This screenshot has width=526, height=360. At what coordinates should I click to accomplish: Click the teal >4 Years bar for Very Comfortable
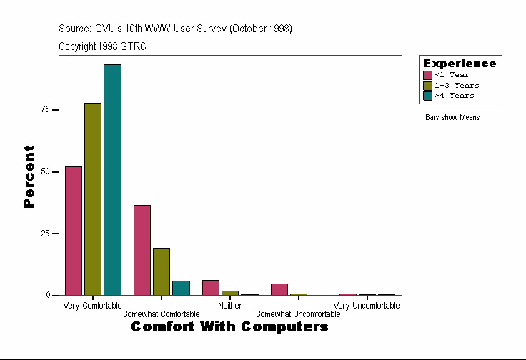pyautogui.click(x=112, y=180)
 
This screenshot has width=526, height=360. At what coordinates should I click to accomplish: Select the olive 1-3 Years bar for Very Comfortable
pyautogui.click(x=93, y=199)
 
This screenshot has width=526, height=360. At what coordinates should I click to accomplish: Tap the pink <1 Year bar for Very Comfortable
pyautogui.click(x=74, y=231)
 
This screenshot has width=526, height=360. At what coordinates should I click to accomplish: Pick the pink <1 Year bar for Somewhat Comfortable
pyautogui.click(x=142, y=250)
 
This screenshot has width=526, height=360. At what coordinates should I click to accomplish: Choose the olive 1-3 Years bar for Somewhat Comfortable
pyautogui.click(x=162, y=271)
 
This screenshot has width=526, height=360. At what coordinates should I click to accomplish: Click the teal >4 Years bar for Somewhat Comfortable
pyautogui.click(x=181, y=288)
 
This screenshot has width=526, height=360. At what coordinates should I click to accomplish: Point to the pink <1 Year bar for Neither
pyautogui.click(x=211, y=287)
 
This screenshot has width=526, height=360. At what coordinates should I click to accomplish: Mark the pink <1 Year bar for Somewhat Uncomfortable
pyautogui.click(x=279, y=289)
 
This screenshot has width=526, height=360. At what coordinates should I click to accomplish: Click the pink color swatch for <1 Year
pyautogui.click(x=427, y=75)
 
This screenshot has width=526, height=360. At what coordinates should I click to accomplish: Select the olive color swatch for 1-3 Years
pyautogui.click(x=427, y=85)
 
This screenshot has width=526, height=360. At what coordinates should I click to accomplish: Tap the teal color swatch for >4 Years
pyautogui.click(x=427, y=95)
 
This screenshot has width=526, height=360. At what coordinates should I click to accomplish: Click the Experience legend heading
pyautogui.click(x=460, y=64)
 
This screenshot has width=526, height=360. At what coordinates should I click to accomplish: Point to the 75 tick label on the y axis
pyautogui.click(x=45, y=109)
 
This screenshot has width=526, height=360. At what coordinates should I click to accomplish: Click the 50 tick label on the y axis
pyautogui.click(x=45, y=171)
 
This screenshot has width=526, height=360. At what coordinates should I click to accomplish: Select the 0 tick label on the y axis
pyautogui.click(x=47, y=295)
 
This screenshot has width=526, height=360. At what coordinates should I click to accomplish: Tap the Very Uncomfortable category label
pyautogui.click(x=367, y=306)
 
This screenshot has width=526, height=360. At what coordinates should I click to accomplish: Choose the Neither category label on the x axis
pyautogui.click(x=229, y=306)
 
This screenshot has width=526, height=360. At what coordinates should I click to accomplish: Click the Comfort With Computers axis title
pyautogui.click(x=229, y=327)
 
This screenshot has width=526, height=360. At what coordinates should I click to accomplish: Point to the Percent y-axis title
pyautogui.click(x=29, y=176)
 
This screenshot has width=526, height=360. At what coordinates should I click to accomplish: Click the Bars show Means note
pyautogui.click(x=452, y=117)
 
